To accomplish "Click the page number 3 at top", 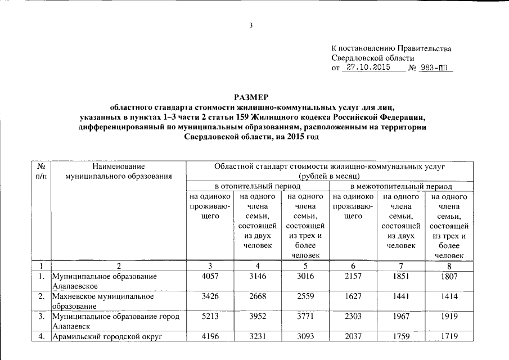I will click(251, 25).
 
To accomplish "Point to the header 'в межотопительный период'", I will click(400, 186).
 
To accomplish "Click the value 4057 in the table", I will click(209, 277).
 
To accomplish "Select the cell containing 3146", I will click(256, 277).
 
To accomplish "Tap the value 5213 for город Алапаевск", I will click(209, 316).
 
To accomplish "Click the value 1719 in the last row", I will click(449, 336).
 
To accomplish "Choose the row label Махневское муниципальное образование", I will click(102, 301).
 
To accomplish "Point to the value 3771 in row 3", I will click(304, 316).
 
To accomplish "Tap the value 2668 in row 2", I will click(256, 296).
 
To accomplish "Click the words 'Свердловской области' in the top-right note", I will click(373, 58).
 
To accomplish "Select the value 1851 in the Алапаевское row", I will click(400, 277).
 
